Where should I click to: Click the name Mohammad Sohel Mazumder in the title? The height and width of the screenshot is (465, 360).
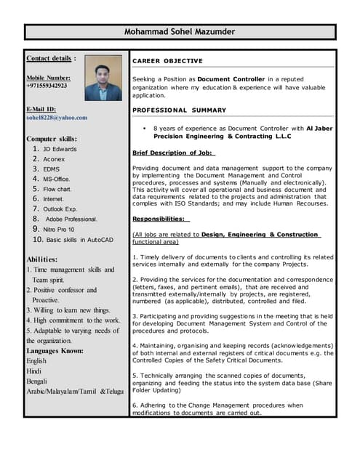(x=180, y=32)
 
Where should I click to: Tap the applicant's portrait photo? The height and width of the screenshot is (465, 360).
(x=103, y=78)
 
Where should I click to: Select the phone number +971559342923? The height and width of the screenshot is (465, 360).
(x=47, y=86)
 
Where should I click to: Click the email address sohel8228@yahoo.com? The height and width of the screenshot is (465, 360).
(x=57, y=117)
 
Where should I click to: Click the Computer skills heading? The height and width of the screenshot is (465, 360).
(x=51, y=139)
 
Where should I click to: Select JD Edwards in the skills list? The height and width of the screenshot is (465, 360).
(x=60, y=149)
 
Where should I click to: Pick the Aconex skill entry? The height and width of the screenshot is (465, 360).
(x=54, y=159)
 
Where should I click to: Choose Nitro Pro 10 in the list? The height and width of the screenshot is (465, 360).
(x=58, y=229)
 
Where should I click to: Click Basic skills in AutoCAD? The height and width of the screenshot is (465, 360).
(x=78, y=239)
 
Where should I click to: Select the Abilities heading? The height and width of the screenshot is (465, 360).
(x=41, y=259)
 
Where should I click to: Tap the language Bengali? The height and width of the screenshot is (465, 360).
(x=38, y=381)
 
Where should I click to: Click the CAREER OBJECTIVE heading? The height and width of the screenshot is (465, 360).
(x=167, y=61)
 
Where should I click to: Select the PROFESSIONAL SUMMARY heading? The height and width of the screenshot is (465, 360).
(x=179, y=110)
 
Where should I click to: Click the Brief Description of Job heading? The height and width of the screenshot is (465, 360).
(x=173, y=153)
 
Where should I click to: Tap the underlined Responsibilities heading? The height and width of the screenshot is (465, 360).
(x=160, y=219)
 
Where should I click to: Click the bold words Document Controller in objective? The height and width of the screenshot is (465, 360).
(x=228, y=78)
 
